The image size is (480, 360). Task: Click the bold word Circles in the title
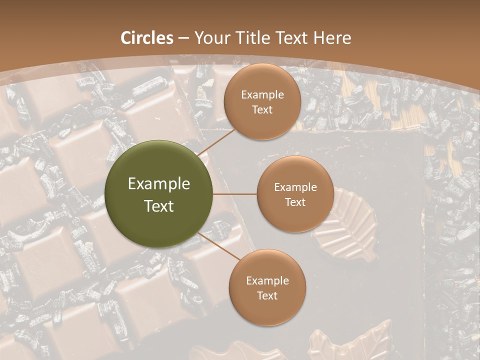pos(147,38)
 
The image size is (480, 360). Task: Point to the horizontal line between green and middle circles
pos(235,194)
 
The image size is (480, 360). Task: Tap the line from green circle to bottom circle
pos(218,246)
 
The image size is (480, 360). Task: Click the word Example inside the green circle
pos(159,184)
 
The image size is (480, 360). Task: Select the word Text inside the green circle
pos(159,206)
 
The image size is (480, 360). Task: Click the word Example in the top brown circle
pos(262,95)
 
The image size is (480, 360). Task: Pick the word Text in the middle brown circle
pos(295,202)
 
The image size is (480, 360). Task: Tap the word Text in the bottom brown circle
pos(267,295)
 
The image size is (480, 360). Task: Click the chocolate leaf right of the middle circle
pos(350,220)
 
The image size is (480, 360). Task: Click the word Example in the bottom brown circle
pos(267,281)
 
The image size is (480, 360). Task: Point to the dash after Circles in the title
pos(183,38)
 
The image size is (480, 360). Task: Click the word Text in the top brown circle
pos(262,109)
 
